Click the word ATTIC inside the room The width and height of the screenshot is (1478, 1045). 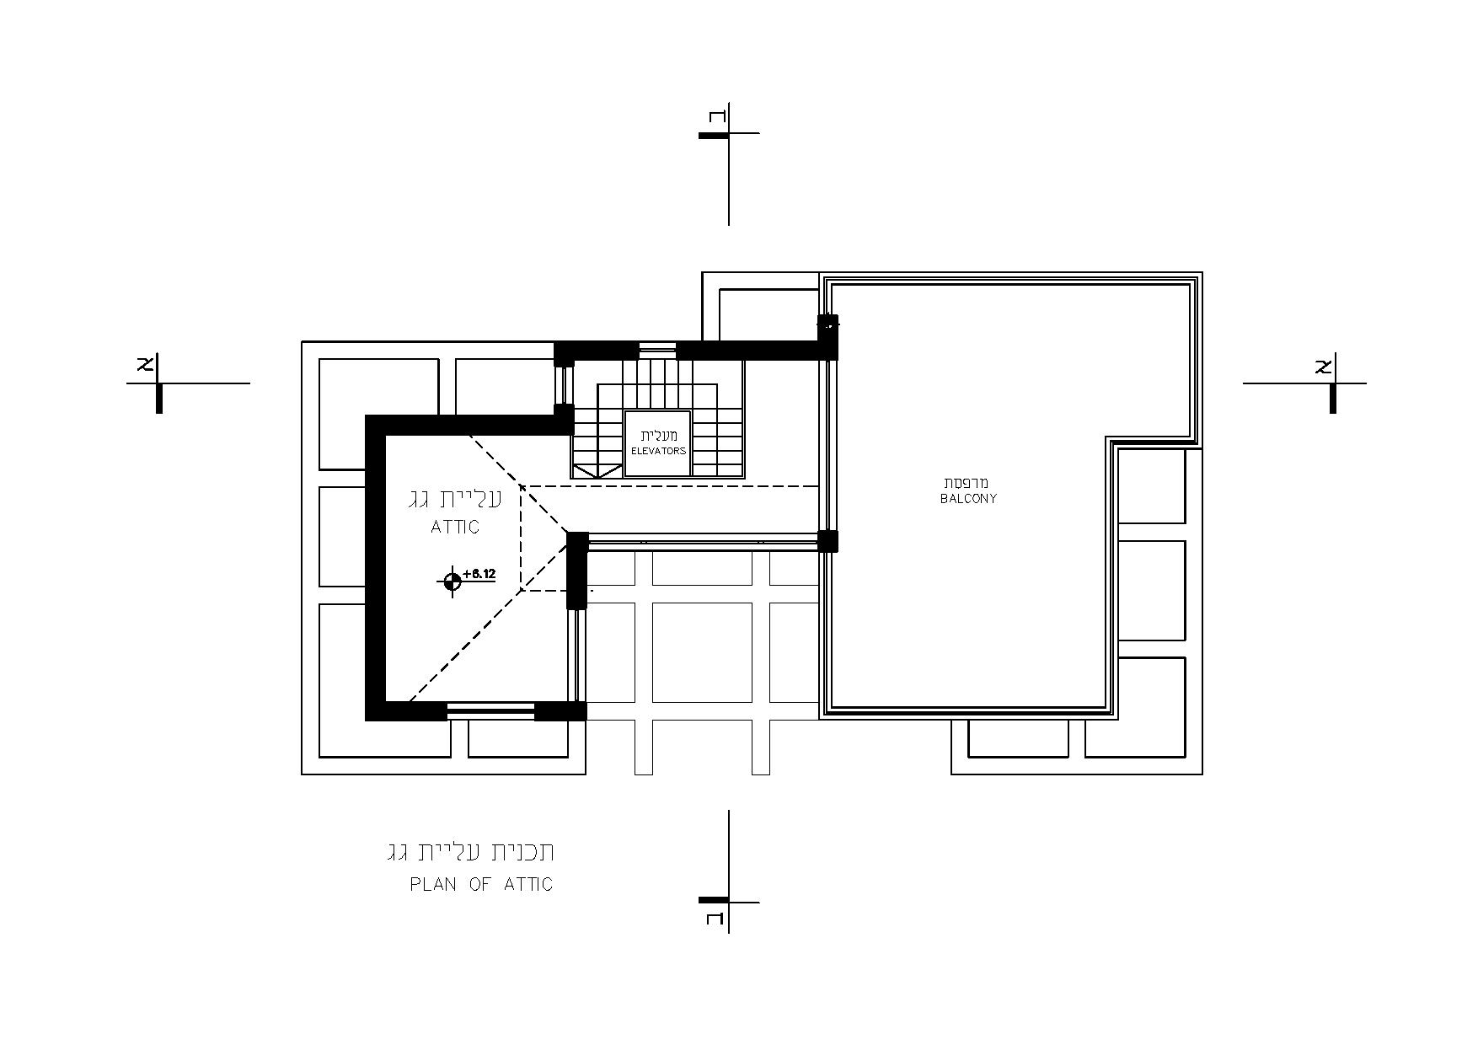455,528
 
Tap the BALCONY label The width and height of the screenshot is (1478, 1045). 968,499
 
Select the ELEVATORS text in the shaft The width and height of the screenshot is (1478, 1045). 658,451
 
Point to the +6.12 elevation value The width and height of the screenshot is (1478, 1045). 479,574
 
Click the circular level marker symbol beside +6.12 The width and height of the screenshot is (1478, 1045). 452,581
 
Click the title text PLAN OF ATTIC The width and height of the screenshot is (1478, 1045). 481,884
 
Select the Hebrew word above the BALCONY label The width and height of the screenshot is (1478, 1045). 967,483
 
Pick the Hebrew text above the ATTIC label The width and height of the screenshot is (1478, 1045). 454,499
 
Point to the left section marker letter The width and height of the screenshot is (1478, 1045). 145,365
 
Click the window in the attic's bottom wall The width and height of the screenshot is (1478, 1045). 490,712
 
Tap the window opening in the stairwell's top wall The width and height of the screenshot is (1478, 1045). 657,349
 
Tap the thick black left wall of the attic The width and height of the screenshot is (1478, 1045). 375,568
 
